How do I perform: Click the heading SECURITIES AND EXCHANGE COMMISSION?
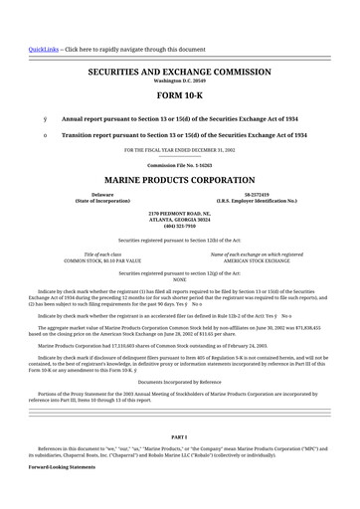(179, 74)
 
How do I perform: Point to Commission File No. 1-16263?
(179, 164)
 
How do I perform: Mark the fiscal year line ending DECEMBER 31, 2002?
(179, 149)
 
